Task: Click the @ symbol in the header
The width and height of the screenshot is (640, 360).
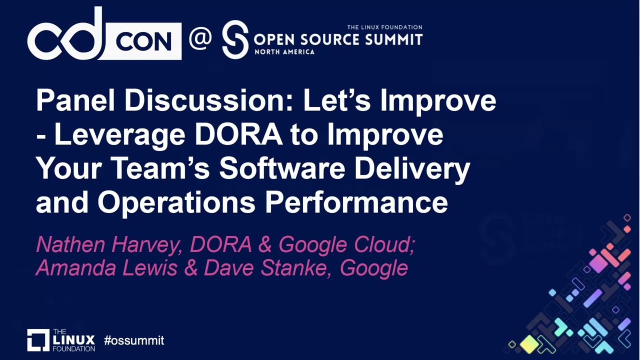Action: [x=200, y=38]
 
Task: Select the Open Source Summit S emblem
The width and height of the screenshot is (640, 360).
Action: [x=235, y=39]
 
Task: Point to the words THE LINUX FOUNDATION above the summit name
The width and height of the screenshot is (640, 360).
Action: [x=384, y=27]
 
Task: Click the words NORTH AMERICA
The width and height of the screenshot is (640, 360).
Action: [x=284, y=51]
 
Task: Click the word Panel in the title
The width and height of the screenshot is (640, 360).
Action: [x=75, y=100]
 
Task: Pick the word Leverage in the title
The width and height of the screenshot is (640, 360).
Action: [x=119, y=135]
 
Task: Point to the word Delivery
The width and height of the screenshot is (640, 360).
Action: [x=412, y=169]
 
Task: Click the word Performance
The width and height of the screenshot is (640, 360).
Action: [x=356, y=202]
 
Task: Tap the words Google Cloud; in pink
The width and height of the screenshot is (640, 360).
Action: [x=346, y=245]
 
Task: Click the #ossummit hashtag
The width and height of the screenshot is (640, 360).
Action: [x=134, y=341]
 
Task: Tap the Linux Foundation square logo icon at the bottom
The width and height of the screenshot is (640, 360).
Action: [x=38, y=340]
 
